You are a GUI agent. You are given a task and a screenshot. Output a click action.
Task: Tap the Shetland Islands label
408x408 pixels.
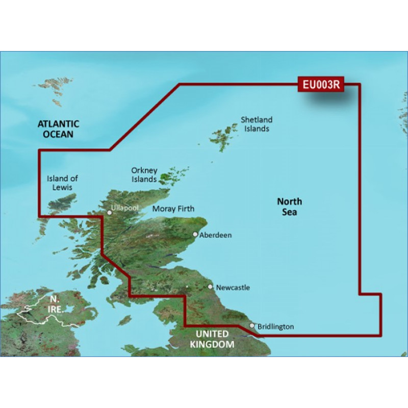tap(257, 124)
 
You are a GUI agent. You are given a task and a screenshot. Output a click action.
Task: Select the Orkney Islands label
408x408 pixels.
tap(144, 175)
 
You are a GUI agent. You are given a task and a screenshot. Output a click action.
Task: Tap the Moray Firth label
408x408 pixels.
tap(174, 209)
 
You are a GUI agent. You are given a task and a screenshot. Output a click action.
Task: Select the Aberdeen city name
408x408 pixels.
tap(216, 235)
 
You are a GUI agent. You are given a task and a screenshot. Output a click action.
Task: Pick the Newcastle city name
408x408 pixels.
tap(233, 288)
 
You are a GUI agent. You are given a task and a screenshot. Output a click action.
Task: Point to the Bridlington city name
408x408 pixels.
tap(275, 326)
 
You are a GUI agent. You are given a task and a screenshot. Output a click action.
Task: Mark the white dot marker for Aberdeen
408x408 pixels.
tap(195, 235)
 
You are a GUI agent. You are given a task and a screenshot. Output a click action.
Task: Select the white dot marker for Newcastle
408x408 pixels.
tap(211, 287)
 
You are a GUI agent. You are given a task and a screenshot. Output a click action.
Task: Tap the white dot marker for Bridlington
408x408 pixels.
tap(252, 325)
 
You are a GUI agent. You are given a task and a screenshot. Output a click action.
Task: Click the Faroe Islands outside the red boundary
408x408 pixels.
tap(51, 90)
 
